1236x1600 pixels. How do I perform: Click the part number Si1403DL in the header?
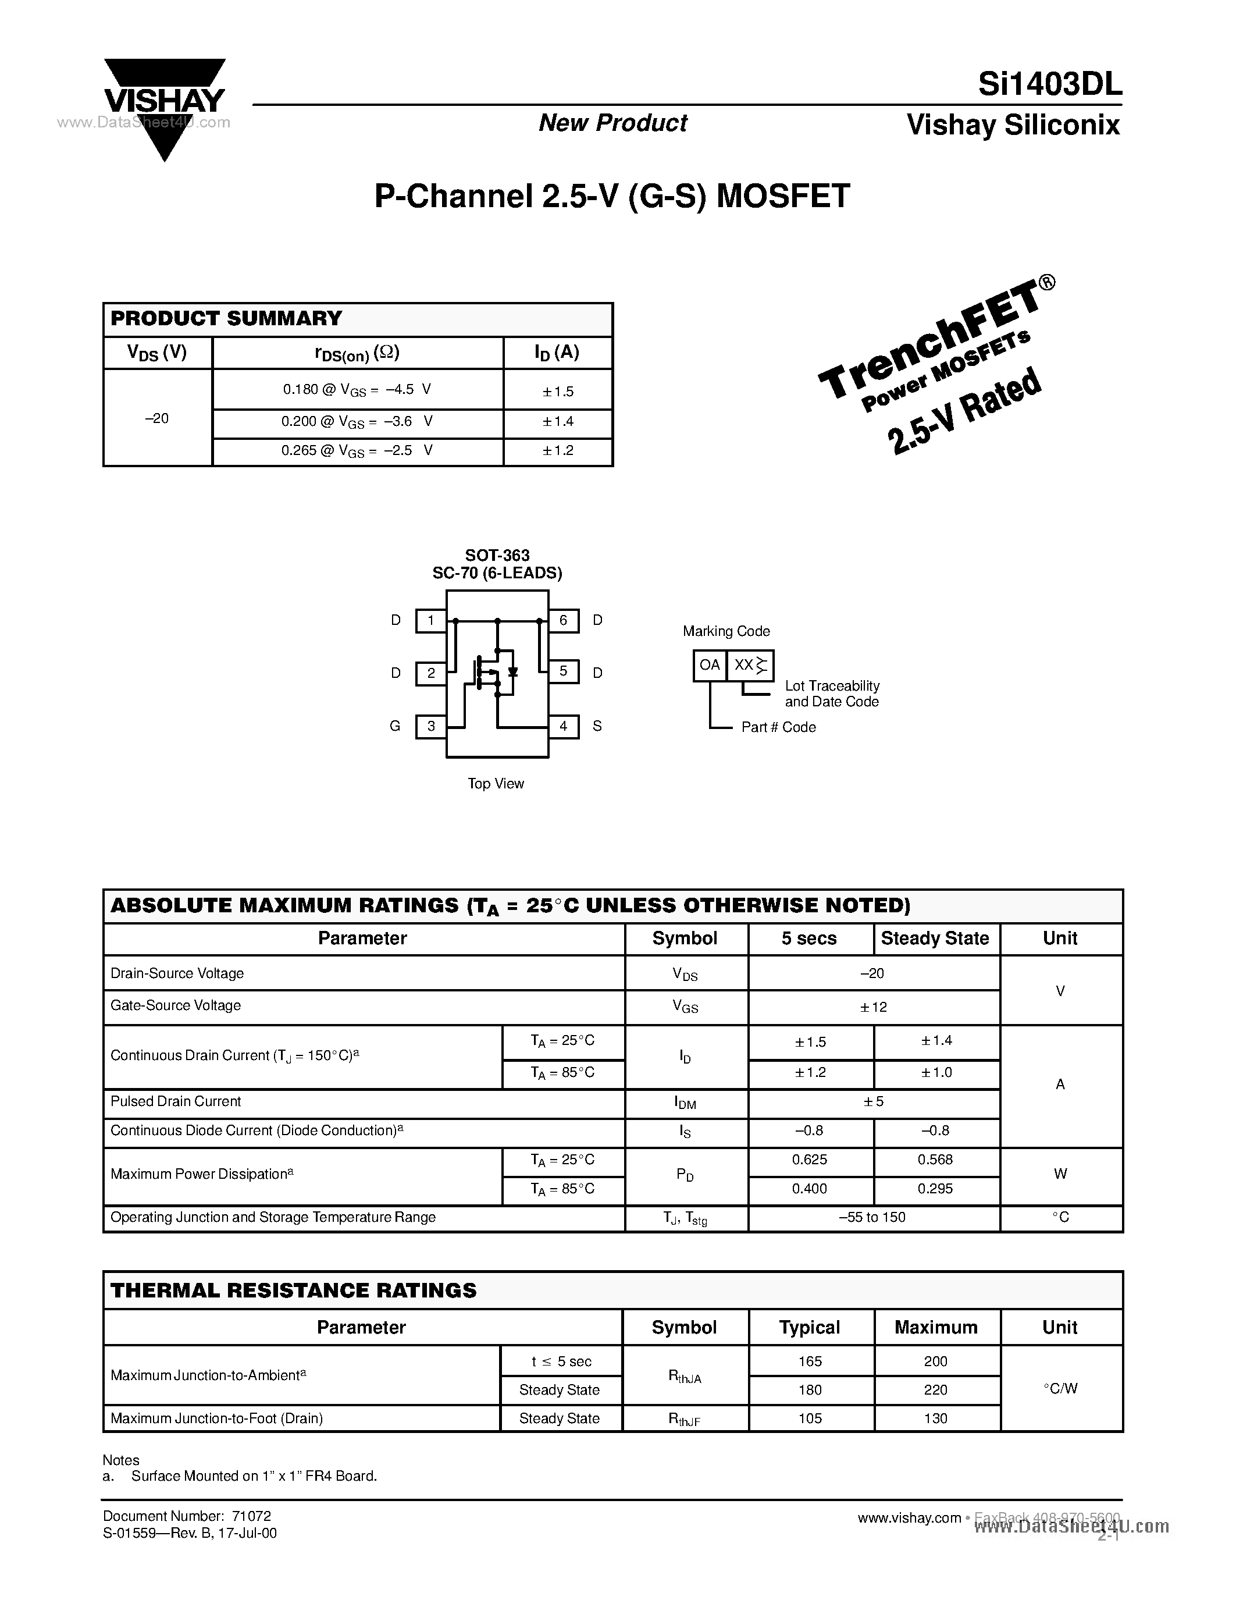pyautogui.click(x=1049, y=86)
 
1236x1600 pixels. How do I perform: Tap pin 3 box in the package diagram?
pyautogui.click(x=431, y=726)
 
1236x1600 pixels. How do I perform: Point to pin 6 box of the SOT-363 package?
pyautogui.click(x=563, y=621)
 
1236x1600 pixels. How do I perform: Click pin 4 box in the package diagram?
pyautogui.click(x=563, y=726)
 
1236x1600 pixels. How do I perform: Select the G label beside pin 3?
pyautogui.click(x=396, y=726)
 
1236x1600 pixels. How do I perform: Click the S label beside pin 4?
pyautogui.click(x=597, y=726)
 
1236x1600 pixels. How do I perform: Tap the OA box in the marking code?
pyautogui.click(x=710, y=665)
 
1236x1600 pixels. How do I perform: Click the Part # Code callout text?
pyautogui.click(x=778, y=727)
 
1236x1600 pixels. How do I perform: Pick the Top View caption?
pyautogui.click(x=496, y=783)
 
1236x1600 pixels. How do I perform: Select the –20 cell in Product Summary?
pyautogui.click(x=158, y=418)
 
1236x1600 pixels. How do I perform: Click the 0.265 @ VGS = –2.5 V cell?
pyautogui.click(x=357, y=450)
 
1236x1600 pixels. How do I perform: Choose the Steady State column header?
pyautogui.click(x=935, y=938)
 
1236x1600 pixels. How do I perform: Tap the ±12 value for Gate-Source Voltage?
pyautogui.click(x=874, y=1007)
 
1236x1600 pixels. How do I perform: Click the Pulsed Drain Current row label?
pyautogui.click(x=176, y=1101)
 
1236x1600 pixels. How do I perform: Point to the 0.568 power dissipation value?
pyautogui.click(x=935, y=1160)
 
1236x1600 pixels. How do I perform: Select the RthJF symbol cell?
pyautogui.click(x=685, y=1419)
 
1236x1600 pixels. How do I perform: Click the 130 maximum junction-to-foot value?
pyautogui.click(x=936, y=1418)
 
